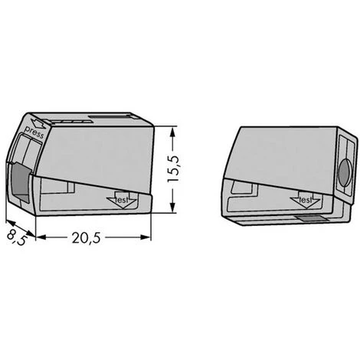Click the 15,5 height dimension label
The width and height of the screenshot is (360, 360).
pos(174,169)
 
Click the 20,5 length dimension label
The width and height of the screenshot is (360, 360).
pos(87,238)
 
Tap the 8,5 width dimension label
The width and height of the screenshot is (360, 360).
pos(17,238)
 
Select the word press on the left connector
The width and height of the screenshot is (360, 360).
pos(34,133)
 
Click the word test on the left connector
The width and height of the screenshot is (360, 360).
pos(123,200)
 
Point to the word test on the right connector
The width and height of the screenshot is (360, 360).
pos(305,200)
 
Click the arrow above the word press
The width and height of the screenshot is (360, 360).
pos(38,123)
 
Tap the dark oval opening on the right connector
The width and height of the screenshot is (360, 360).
pos(345,173)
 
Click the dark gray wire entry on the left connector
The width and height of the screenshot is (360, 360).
pos(20,182)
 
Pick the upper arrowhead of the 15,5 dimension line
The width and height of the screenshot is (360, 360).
pos(173,133)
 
